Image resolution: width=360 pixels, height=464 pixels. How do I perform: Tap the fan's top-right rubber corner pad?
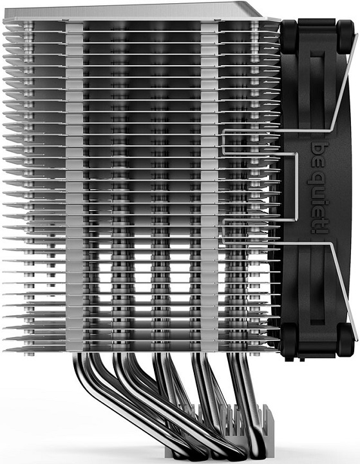pos(346,35)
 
